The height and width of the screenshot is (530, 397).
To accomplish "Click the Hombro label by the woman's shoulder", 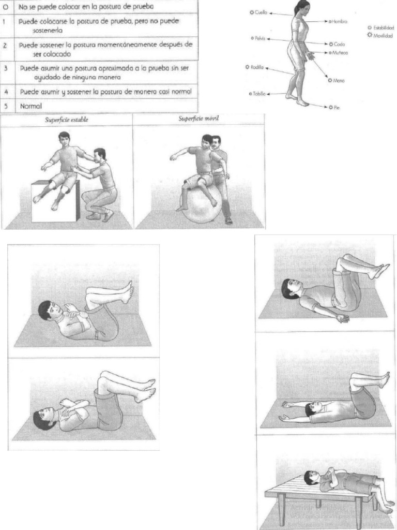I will pyautogui.click(x=339, y=22).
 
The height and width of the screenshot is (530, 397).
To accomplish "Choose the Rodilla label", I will pyautogui.click(x=257, y=67).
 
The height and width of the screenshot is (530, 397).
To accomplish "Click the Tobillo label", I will pyautogui.click(x=259, y=94).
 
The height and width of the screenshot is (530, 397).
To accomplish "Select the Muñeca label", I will pyautogui.click(x=339, y=53).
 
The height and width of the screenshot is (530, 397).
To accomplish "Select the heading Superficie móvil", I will pyautogui.click(x=198, y=119).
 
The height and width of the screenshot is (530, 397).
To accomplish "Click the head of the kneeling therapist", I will pyautogui.click(x=100, y=154).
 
